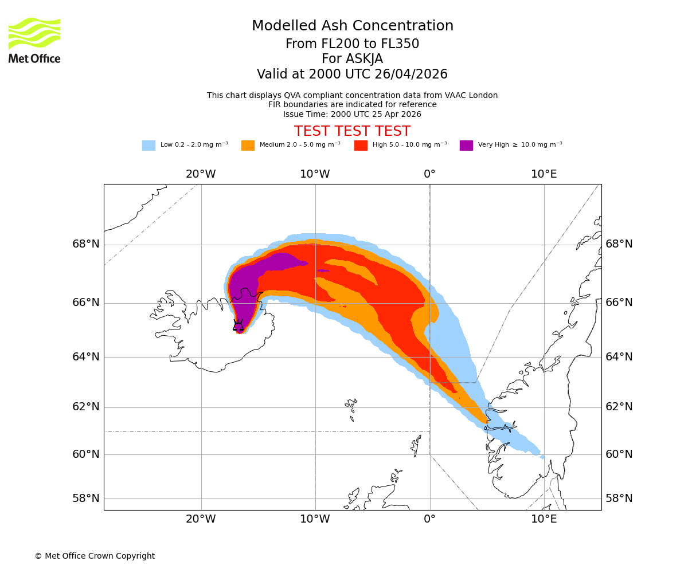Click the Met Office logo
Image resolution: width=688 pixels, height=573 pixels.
click(x=34, y=40)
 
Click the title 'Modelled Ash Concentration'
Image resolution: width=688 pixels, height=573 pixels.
click(x=353, y=26)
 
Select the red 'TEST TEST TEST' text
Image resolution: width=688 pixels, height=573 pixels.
click(x=352, y=131)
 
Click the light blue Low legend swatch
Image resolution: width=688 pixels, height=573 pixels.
click(x=148, y=146)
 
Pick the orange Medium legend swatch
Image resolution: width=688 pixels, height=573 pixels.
click(x=248, y=146)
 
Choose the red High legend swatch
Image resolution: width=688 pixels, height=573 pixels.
click(x=361, y=146)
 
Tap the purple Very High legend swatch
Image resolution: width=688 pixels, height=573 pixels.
click(x=466, y=146)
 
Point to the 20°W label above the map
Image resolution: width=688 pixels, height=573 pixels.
click(x=201, y=174)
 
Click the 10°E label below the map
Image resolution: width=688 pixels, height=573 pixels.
click(x=544, y=519)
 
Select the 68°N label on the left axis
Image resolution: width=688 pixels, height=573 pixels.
click(x=86, y=244)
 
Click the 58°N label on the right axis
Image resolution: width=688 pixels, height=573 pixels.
click(x=619, y=498)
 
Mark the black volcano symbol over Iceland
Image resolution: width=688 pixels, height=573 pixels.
click(x=238, y=325)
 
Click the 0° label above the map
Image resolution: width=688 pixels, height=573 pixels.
click(x=429, y=174)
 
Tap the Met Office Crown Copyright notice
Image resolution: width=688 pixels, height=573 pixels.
click(x=95, y=556)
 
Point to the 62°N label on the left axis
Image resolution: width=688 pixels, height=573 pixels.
click(x=86, y=407)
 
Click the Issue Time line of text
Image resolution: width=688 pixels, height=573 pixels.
click(x=352, y=114)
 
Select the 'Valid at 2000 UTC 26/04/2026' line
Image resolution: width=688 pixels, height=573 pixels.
click(x=352, y=74)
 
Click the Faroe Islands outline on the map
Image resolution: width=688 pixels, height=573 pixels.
click(x=351, y=407)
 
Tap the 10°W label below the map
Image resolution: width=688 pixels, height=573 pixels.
click(x=315, y=519)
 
